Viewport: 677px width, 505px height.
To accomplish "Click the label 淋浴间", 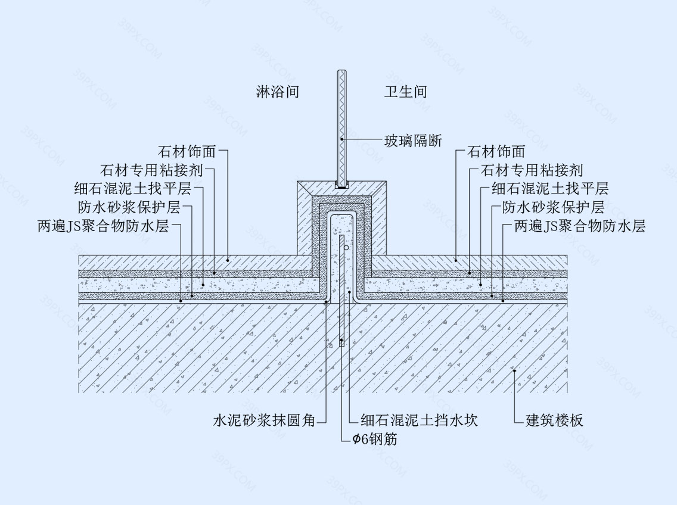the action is click(x=277, y=92).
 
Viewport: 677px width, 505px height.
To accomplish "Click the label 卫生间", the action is click(x=405, y=92).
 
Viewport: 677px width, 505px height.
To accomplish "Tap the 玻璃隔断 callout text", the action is click(x=413, y=141).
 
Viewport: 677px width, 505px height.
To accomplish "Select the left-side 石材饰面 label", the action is click(x=187, y=151).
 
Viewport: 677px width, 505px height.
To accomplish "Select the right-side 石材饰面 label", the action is click(x=496, y=151).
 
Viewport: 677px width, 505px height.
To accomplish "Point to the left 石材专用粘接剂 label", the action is click(x=151, y=170).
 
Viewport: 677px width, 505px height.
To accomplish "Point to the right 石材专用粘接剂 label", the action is click(x=532, y=170).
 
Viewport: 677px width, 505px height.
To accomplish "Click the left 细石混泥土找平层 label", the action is click(x=132, y=189).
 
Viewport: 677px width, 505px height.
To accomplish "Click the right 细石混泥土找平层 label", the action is click(x=550, y=189).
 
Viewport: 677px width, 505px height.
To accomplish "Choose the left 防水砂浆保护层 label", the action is click(x=129, y=207).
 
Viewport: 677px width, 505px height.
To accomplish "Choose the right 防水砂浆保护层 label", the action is click(x=554, y=207).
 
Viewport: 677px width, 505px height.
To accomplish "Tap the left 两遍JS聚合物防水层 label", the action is click(x=103, y=226).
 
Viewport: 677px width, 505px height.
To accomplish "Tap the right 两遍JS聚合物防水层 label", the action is click(x=580, y=226).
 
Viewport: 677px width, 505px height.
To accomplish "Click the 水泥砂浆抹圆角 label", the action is click(x=264, y=420).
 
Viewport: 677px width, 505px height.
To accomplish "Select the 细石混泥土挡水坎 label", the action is click(x=419, y=420).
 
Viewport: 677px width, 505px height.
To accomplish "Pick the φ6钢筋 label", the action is click(x=375, y=439).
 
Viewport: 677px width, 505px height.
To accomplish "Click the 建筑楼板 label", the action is click(x=554, y=420).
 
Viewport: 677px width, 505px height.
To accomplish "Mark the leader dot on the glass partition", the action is click(x=341, y=139).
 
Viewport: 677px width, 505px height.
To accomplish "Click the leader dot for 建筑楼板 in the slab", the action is click(x=514, y=371).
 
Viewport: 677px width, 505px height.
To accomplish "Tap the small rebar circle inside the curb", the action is click(x=347, y=248).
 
